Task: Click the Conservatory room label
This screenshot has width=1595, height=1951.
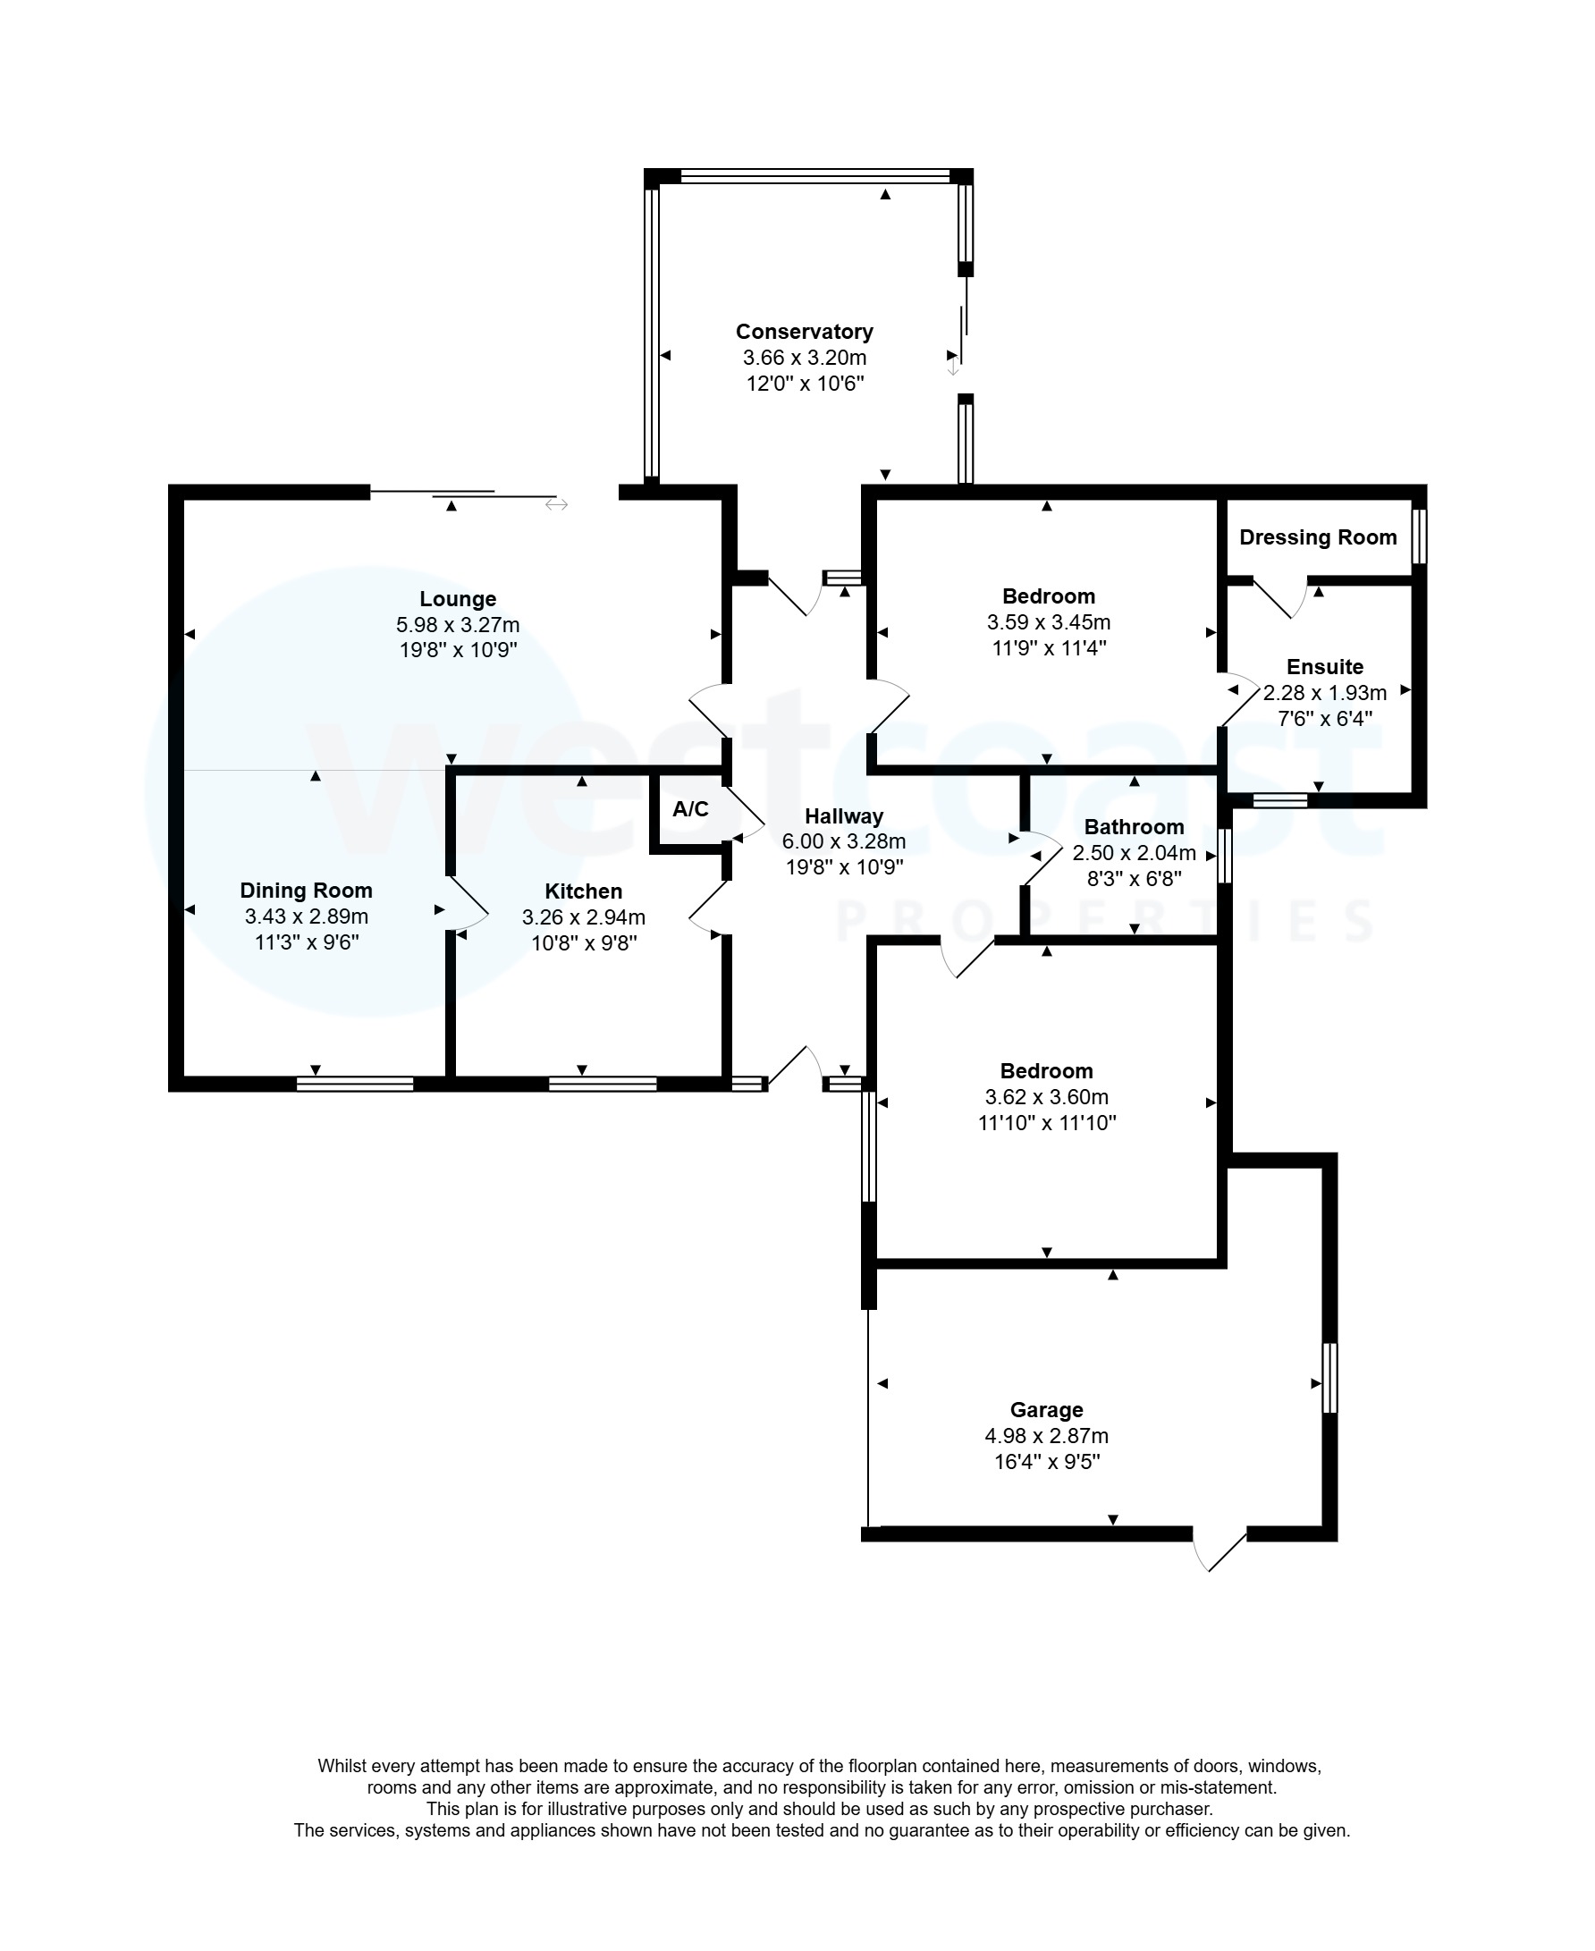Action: (804, 332)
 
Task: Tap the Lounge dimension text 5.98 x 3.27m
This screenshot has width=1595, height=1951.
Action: (458, 625)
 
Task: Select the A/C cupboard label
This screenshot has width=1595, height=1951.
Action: (690, 808)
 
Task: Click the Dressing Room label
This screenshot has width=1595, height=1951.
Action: (1318, 537)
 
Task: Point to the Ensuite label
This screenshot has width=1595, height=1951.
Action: (1324, 667)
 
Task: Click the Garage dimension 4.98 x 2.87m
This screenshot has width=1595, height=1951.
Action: (1046, 1435)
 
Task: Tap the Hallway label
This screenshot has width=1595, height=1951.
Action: (843, 816)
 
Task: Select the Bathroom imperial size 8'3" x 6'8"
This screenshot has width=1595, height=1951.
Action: (1134, 879)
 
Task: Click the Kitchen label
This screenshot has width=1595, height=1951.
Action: (584, 891)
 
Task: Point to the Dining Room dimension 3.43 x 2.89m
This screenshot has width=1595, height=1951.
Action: (306, 916)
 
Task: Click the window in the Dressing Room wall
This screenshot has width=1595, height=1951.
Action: (1419, 536)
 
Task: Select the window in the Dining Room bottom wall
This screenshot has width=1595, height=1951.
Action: (355, 1085)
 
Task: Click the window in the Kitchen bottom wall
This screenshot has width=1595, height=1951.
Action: (603, 1085)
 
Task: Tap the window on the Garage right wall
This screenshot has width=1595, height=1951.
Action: (1329, 1378)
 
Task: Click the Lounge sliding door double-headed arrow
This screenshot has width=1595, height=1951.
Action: (556, 504)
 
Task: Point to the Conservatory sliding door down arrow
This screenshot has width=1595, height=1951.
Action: (954, 367)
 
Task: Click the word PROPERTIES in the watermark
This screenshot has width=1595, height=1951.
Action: (1102, 922)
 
